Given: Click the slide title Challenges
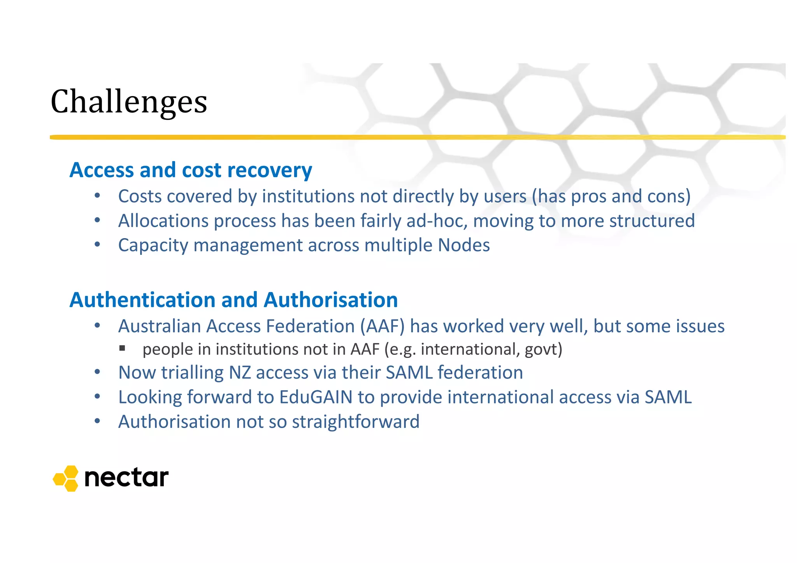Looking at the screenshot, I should click(129, 102).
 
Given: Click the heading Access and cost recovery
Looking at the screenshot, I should click(191, 170).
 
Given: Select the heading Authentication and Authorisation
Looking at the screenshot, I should click(233, 300).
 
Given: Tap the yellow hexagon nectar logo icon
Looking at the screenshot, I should click(66, 478).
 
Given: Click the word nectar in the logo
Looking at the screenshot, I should click(126, 478).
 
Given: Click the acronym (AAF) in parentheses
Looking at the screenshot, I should click(382, 326).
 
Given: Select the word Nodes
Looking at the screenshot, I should click(463, 245).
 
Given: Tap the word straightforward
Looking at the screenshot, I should click(356, 422).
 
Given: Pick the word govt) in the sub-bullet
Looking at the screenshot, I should click(543, 349).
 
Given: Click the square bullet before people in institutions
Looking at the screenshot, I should click(122, 348).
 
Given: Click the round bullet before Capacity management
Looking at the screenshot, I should click(97, 245).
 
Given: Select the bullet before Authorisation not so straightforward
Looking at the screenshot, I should click(97, 421).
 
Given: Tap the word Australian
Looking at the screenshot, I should click(159, 326).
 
